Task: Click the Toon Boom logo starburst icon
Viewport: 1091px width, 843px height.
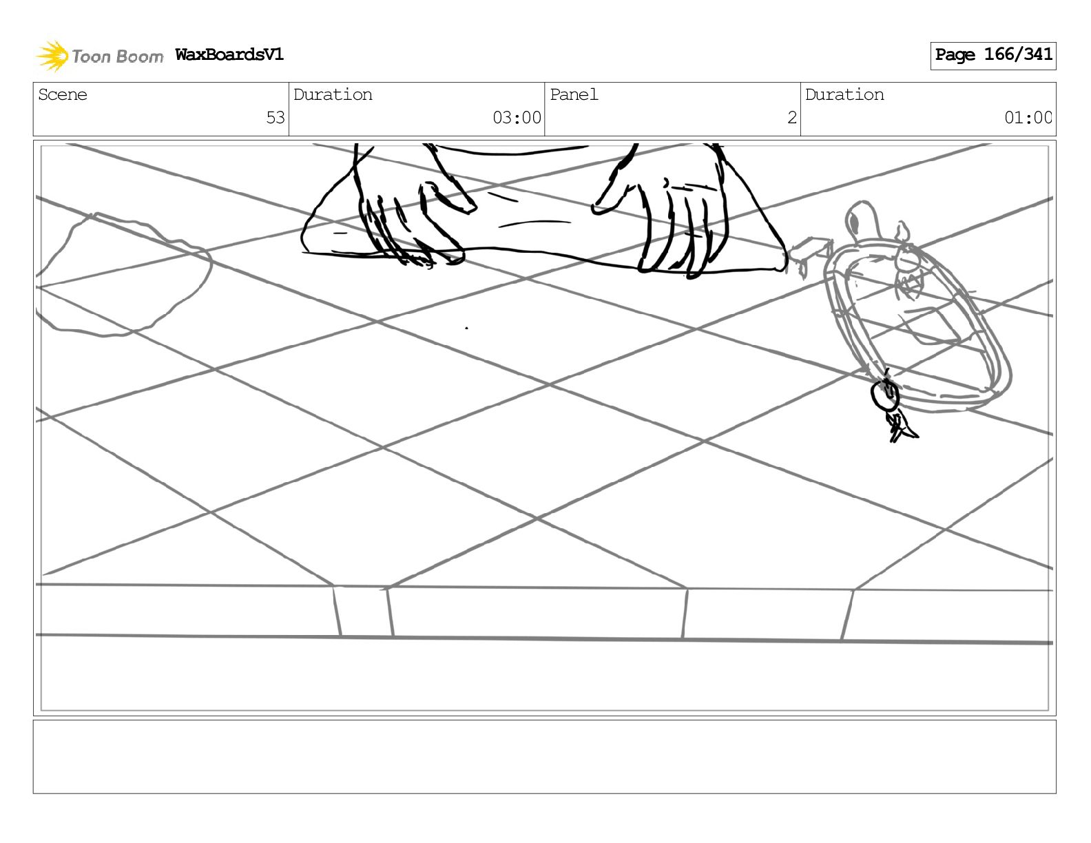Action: pos(52,56)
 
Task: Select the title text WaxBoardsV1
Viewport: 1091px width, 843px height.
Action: pos(229,55)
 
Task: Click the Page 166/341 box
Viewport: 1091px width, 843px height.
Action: pos(993,55)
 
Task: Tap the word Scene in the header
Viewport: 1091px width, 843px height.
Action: pos(63,95)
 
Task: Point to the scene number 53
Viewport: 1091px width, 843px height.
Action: pos(275,118)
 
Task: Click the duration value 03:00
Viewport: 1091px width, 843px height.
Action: pos(517,118)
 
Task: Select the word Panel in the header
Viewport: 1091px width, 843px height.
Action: pos(574,95)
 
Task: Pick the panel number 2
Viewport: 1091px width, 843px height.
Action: pos(791,118)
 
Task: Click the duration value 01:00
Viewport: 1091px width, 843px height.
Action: pos(1028,118)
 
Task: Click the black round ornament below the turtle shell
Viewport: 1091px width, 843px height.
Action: pos(885,395)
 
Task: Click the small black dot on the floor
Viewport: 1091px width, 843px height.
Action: pos(466,328)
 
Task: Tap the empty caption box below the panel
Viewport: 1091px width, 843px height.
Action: pos(544,756)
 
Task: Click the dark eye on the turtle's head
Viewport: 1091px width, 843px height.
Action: pos(853,222)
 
